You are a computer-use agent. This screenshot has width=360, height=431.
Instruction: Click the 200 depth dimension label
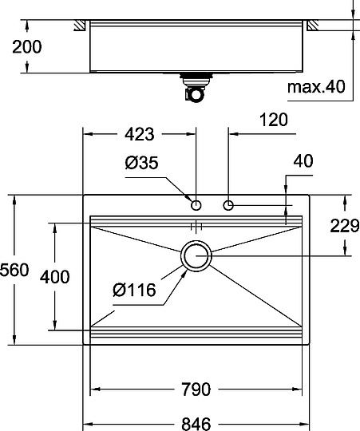tap(26, 46)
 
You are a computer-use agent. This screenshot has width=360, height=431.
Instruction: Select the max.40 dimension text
tap(319, 85)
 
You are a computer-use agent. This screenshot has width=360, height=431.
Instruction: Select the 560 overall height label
tap(15, 271)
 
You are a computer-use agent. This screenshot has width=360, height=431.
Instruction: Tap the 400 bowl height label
tap(53, 277)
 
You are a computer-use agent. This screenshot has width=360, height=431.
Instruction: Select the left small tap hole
tap(196, 206)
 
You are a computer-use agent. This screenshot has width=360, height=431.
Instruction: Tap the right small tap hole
tap(229, 206)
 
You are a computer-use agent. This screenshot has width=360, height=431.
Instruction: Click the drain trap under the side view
tap(194, 89)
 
